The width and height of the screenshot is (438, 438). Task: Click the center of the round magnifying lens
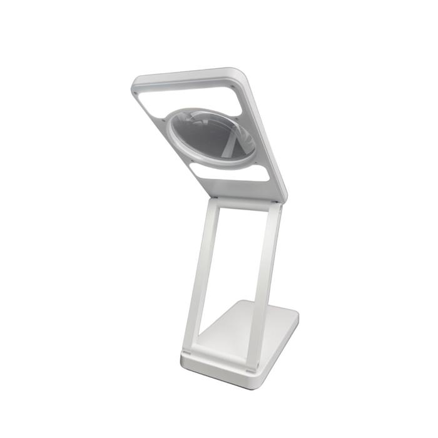pyautogui.click(x=213, y=136)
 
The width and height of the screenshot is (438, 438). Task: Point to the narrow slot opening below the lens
pyautogui.click(x=229, y=173)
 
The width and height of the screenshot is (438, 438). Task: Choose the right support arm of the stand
pyautogui.click(x=265, y=282)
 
